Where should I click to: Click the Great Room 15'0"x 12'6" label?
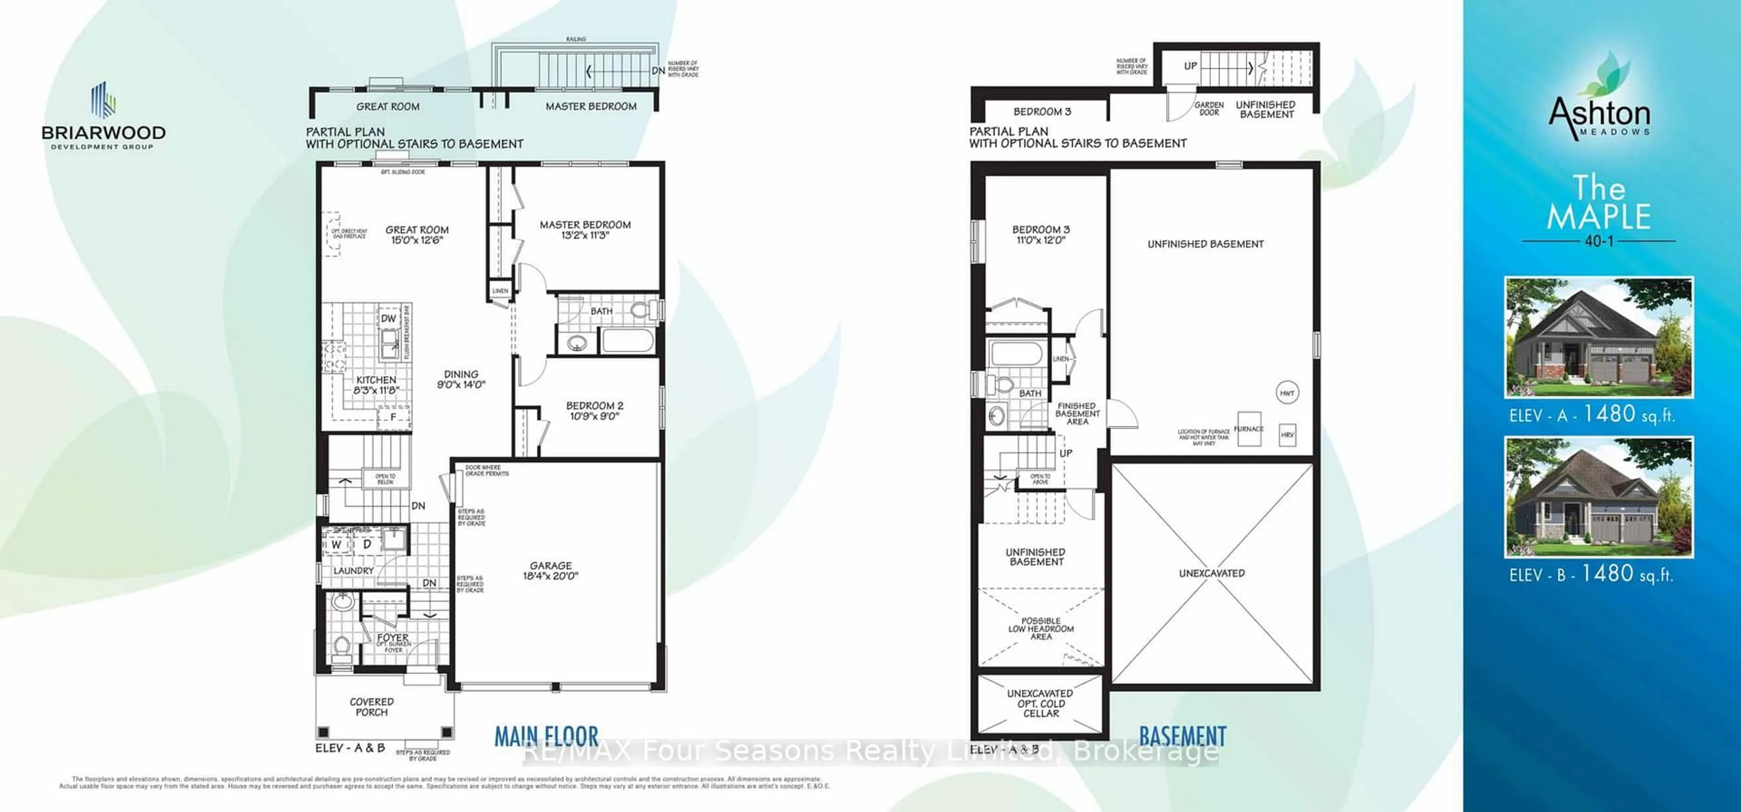(417, 234)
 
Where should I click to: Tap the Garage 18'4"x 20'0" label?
(551, 571)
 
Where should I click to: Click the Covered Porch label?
(372, 706)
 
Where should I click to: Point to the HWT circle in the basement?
(1287, 392)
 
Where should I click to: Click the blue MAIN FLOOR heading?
(546, 736)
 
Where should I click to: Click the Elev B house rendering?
(1598, 497)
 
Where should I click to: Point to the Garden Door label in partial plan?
(1209, 109)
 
